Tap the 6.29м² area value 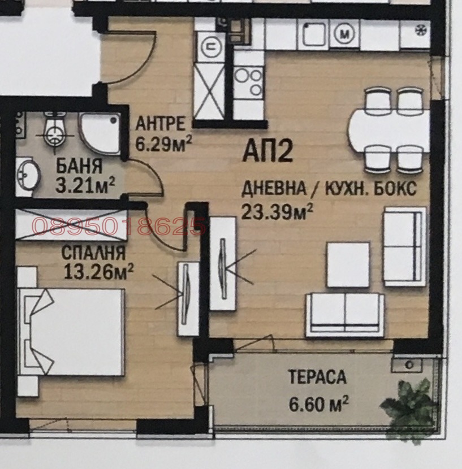163,141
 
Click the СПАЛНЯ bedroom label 93,254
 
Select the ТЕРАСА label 317,377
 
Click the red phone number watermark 119,227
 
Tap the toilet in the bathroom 53,132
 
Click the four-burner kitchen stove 249,82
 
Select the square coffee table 348,264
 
